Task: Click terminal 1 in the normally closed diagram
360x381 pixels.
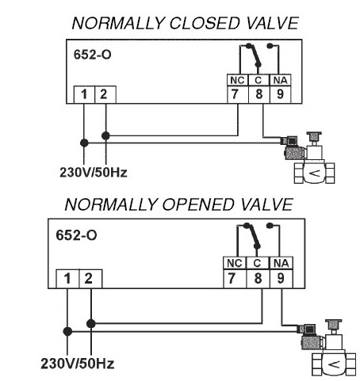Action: coord(84,94)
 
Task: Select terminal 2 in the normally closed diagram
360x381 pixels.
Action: coord(105,94)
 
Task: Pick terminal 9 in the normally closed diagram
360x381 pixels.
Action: coord(280,94)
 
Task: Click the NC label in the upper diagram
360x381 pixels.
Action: coord(238,80)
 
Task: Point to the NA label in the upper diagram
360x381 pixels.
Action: coord(280,80)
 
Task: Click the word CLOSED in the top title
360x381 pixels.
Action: coord(205,23)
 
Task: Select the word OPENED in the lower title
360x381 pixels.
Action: coord(198,204)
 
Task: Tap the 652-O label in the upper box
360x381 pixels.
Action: coord(92,55)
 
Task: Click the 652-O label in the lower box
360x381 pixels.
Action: coord(76,235)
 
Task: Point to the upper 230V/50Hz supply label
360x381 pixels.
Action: coord(94,173)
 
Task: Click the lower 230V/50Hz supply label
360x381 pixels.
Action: coord(78,364)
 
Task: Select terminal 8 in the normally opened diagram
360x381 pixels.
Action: coord(258,279)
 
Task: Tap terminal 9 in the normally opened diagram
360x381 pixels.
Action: coord(281,279)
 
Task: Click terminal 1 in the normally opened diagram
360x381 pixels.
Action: coord(67,279)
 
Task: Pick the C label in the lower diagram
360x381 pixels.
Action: coord(258,263)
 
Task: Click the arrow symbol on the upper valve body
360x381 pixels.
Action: coord(315,173)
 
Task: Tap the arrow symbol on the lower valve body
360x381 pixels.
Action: coord(334,364)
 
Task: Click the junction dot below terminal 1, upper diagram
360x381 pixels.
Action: coord(84,143)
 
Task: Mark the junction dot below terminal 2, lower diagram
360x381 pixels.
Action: coord(91,323)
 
